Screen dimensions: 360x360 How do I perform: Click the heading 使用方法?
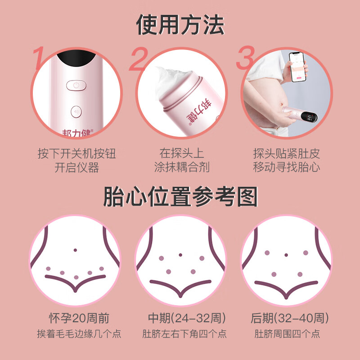tap(180, 25)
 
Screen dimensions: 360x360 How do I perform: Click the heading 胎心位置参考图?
tap(180, 197)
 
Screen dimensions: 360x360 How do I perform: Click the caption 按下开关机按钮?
tap(76, 154)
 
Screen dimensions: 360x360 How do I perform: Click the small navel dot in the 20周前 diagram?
tap(75, 250)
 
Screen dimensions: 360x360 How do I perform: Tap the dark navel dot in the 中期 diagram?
tap(180, 255)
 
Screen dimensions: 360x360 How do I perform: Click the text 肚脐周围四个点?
tap(287, 334)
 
